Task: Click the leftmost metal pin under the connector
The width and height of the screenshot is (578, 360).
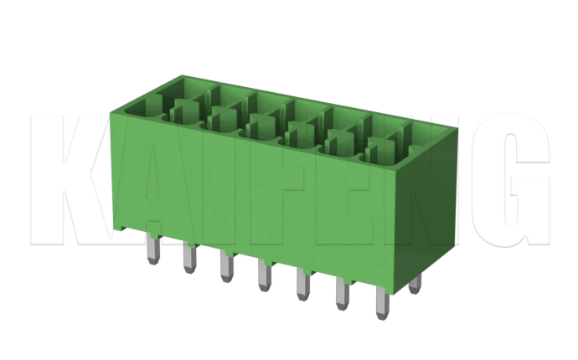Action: pos(152,249)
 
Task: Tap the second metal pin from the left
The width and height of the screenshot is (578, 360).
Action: pos(188,258)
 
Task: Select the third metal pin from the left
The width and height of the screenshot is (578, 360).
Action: pos(225,267)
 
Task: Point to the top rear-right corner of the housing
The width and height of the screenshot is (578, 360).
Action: pos(459,126)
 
